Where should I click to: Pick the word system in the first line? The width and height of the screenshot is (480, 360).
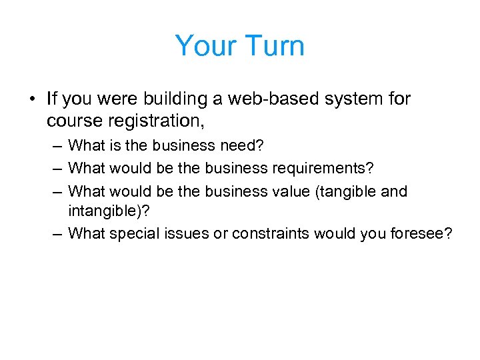[x=357, y=99]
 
